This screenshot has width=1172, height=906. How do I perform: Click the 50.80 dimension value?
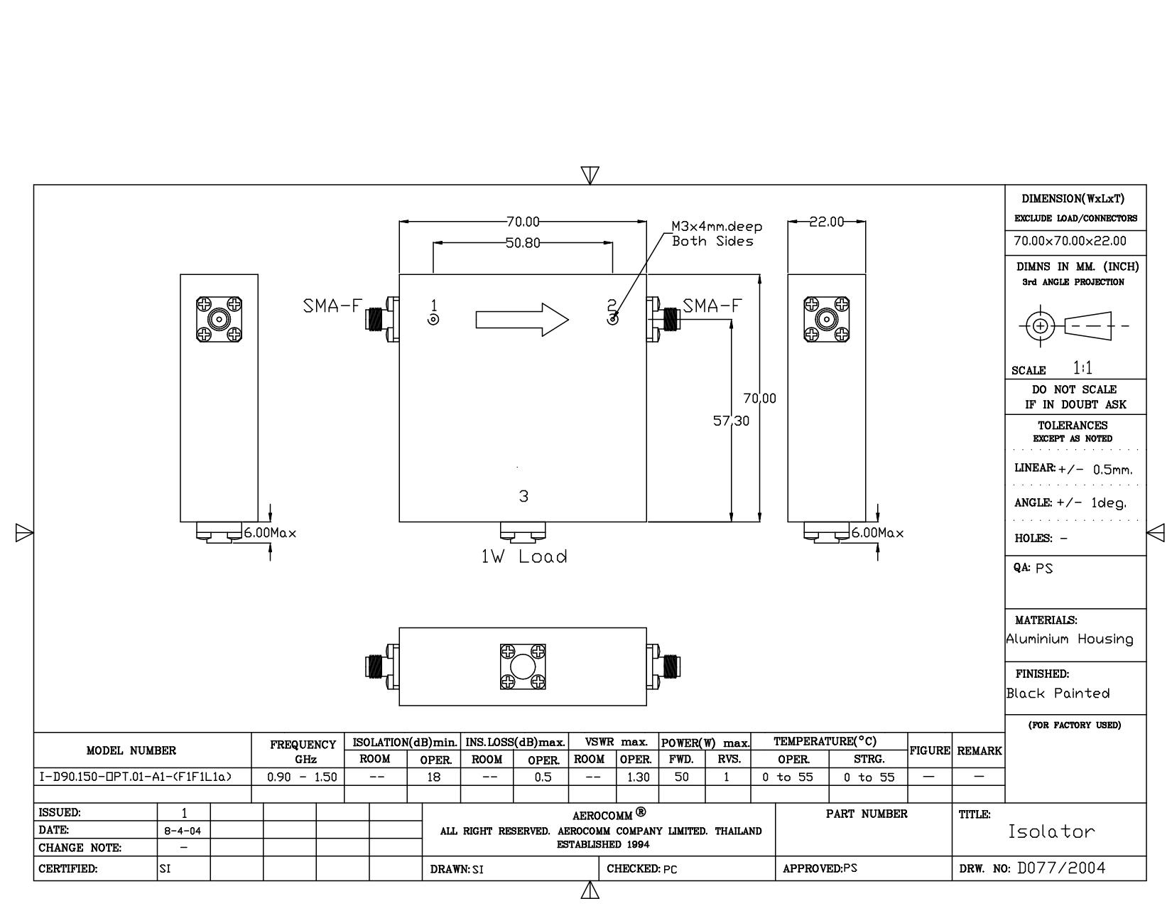(523, 243)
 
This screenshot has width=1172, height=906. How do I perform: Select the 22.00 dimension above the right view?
(826, 222)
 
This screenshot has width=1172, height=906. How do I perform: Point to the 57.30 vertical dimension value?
(731, 421)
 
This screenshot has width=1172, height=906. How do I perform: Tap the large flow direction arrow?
(522, 320)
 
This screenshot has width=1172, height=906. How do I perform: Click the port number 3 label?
(523, 496)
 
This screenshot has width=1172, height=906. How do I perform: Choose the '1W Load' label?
(523, 556)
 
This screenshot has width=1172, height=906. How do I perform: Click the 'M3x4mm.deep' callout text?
(716, 226)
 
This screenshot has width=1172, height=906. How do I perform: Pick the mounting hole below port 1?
(433, 320)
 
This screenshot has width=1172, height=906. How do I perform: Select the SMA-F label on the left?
(332, 306)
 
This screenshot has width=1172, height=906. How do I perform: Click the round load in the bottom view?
(523, 667)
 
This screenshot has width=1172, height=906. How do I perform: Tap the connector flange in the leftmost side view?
(219, 320)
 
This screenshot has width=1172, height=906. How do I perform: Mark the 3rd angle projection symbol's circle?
(1040, 326)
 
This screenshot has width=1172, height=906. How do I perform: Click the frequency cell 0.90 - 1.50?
(302, 777)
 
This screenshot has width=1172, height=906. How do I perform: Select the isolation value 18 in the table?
(433, 777)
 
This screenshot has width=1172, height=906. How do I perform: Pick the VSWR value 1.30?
(638, 777)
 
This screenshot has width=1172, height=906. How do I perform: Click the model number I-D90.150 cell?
(136, 777)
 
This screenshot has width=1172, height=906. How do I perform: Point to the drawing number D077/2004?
(1061, 868)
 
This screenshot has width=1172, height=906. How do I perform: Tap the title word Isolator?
(1052, 831)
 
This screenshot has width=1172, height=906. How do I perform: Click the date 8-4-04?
(183, 831)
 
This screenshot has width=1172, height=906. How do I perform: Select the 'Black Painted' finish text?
(1058, 693)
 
